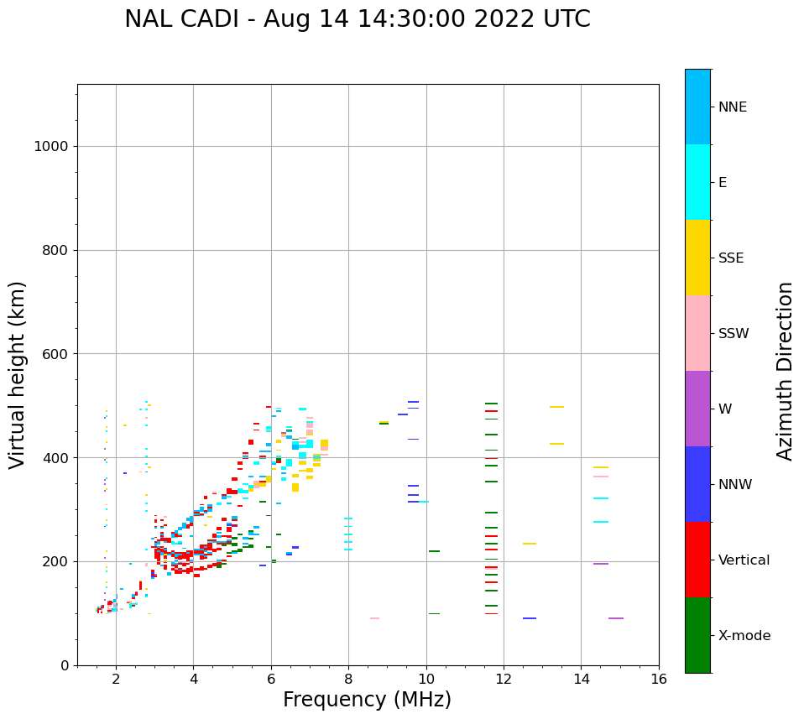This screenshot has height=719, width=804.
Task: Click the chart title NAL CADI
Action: (x=357, y=19)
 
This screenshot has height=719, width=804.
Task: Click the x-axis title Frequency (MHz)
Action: (x=367, y=700)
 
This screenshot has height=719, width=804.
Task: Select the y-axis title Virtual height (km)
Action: (x=18, y=374)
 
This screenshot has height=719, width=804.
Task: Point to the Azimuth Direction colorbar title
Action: (x=785, y=371)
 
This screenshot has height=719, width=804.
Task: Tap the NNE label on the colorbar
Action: (x=732, y=107)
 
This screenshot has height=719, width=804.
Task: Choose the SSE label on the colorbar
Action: (x=730, y=258)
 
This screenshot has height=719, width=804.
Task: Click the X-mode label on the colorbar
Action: (x=744, y=636)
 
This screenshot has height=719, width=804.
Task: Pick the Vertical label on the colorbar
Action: (x=744, y=560)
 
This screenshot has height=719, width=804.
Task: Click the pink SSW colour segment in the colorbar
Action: (x=697, y=333)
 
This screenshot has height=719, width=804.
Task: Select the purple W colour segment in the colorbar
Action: (x=697, y=409)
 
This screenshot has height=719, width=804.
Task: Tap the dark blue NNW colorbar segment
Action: (x=697, y=484)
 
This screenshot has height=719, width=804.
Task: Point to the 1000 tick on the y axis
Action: (x=50, y=147)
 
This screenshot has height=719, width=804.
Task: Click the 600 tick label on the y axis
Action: (x=55, y=354)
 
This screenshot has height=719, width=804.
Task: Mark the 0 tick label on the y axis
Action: (x=65, y=665)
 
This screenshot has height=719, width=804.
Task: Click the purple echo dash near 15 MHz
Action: (x=616, y=618)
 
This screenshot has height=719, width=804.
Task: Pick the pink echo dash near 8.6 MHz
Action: (x=374, y=618)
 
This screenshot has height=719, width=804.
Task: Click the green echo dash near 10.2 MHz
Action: (x=434, y=551)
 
